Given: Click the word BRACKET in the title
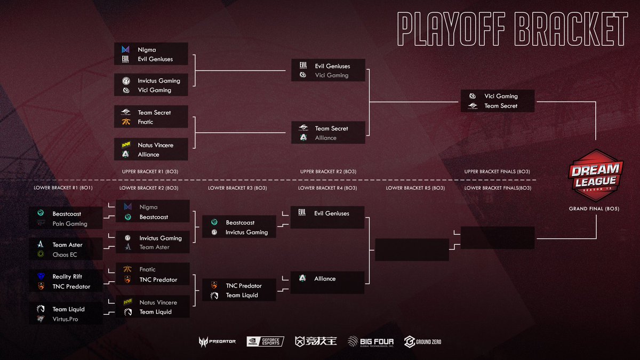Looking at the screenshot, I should (569, 30).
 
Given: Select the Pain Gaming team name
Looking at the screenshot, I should (70, 223).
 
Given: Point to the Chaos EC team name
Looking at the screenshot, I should (65, 254).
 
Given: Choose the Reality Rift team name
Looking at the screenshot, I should (67, 276).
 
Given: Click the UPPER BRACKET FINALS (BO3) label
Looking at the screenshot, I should (497, 172).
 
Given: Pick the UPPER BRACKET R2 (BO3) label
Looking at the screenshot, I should (328, 172).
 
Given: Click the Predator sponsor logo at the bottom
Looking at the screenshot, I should (217, 341).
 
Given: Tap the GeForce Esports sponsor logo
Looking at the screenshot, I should (265, 341).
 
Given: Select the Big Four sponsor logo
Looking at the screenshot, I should (370, 341).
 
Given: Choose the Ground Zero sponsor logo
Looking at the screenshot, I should (423, 341).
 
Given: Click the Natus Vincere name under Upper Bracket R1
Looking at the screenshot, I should (155, 145).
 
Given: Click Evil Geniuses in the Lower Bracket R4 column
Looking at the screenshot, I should (332, 213).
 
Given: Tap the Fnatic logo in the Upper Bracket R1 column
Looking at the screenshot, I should (126, 122).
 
